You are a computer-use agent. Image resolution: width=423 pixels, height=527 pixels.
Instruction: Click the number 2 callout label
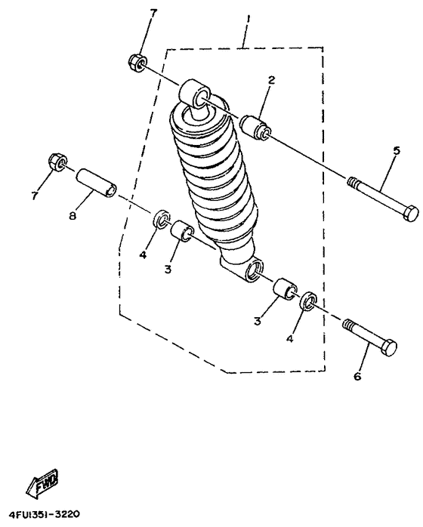tap(270, 81)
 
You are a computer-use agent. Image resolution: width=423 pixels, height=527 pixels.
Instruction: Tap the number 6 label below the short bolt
tap(357, 375)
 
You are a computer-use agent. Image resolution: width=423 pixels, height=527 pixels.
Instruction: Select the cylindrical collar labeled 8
tap(96, 183)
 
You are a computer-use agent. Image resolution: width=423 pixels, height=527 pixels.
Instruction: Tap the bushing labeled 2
tap(256, 127)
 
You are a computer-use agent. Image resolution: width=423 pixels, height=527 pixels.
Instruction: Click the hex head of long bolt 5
tap(409, 214)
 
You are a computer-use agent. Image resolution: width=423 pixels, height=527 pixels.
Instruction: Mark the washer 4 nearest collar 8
tap(160, 220)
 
